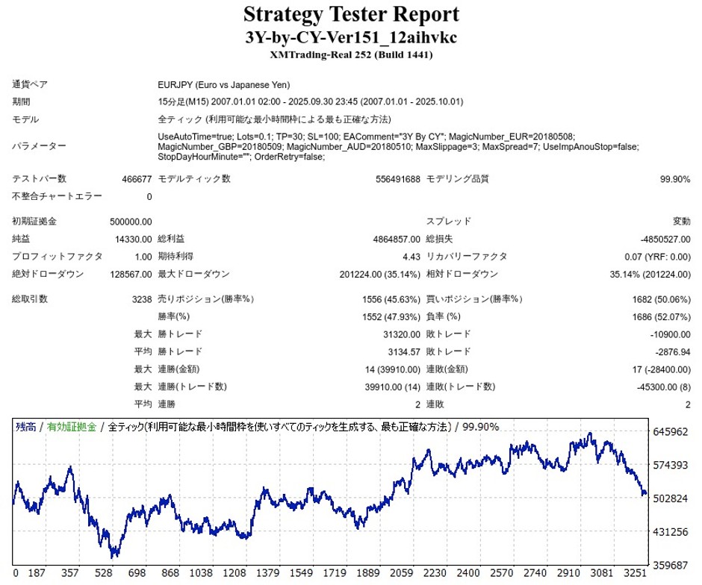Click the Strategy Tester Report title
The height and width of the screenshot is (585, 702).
(350, 14)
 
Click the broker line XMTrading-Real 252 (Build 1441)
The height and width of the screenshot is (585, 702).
(350, 54)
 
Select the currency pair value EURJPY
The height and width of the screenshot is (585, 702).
(177, 85)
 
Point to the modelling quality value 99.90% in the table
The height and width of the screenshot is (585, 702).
(675, 179)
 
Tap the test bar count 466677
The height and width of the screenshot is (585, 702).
(137, 179)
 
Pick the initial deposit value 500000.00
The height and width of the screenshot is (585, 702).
(131, 222)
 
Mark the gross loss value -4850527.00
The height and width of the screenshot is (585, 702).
(665, 239)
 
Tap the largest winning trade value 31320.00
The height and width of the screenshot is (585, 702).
(402, 334)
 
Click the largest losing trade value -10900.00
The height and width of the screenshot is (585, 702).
(670, 334)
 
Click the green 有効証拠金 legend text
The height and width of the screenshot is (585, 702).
(72, 427)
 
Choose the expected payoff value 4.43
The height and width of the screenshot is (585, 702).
(411, 257)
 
